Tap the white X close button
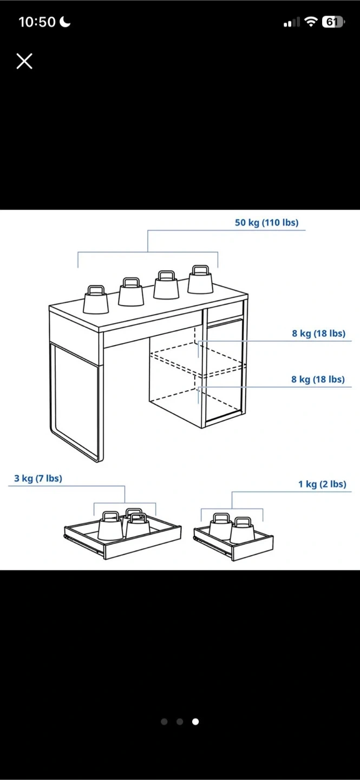(x=24, y=61)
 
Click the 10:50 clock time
(x=37, y=22)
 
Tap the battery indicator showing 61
(x=333, y=22)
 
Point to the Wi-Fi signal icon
(x=311, y=22)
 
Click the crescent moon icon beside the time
(x=65, y=22)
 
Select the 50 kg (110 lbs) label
(x=267, y=223)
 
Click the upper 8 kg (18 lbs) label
(x=318, y=333)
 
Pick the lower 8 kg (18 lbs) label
(x=318, y=379)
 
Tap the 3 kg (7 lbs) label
(x=38, y=478)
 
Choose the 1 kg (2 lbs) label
(x=322, y=484)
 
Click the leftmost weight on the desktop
(x=96, y=300)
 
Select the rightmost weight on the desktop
(x=200, y=279)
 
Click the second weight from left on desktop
(x=131, y=292)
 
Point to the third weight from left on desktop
(x=166, y=285)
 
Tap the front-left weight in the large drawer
(x=111, y=526)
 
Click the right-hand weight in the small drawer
(x=243, y=530)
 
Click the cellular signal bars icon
(x=292, y=22)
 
